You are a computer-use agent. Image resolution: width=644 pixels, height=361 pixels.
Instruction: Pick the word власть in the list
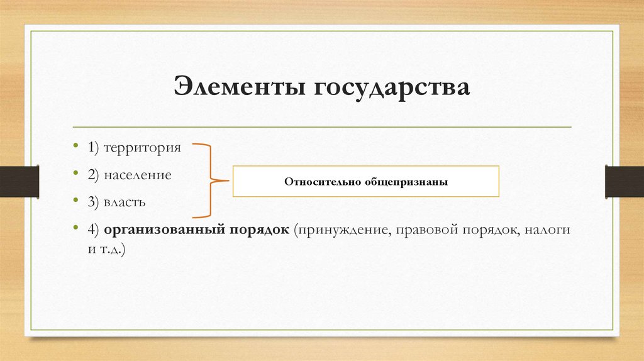130,203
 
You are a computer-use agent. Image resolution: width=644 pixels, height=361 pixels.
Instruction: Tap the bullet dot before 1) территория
76,148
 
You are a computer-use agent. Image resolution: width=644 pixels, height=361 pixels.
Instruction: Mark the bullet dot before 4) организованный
76,230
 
